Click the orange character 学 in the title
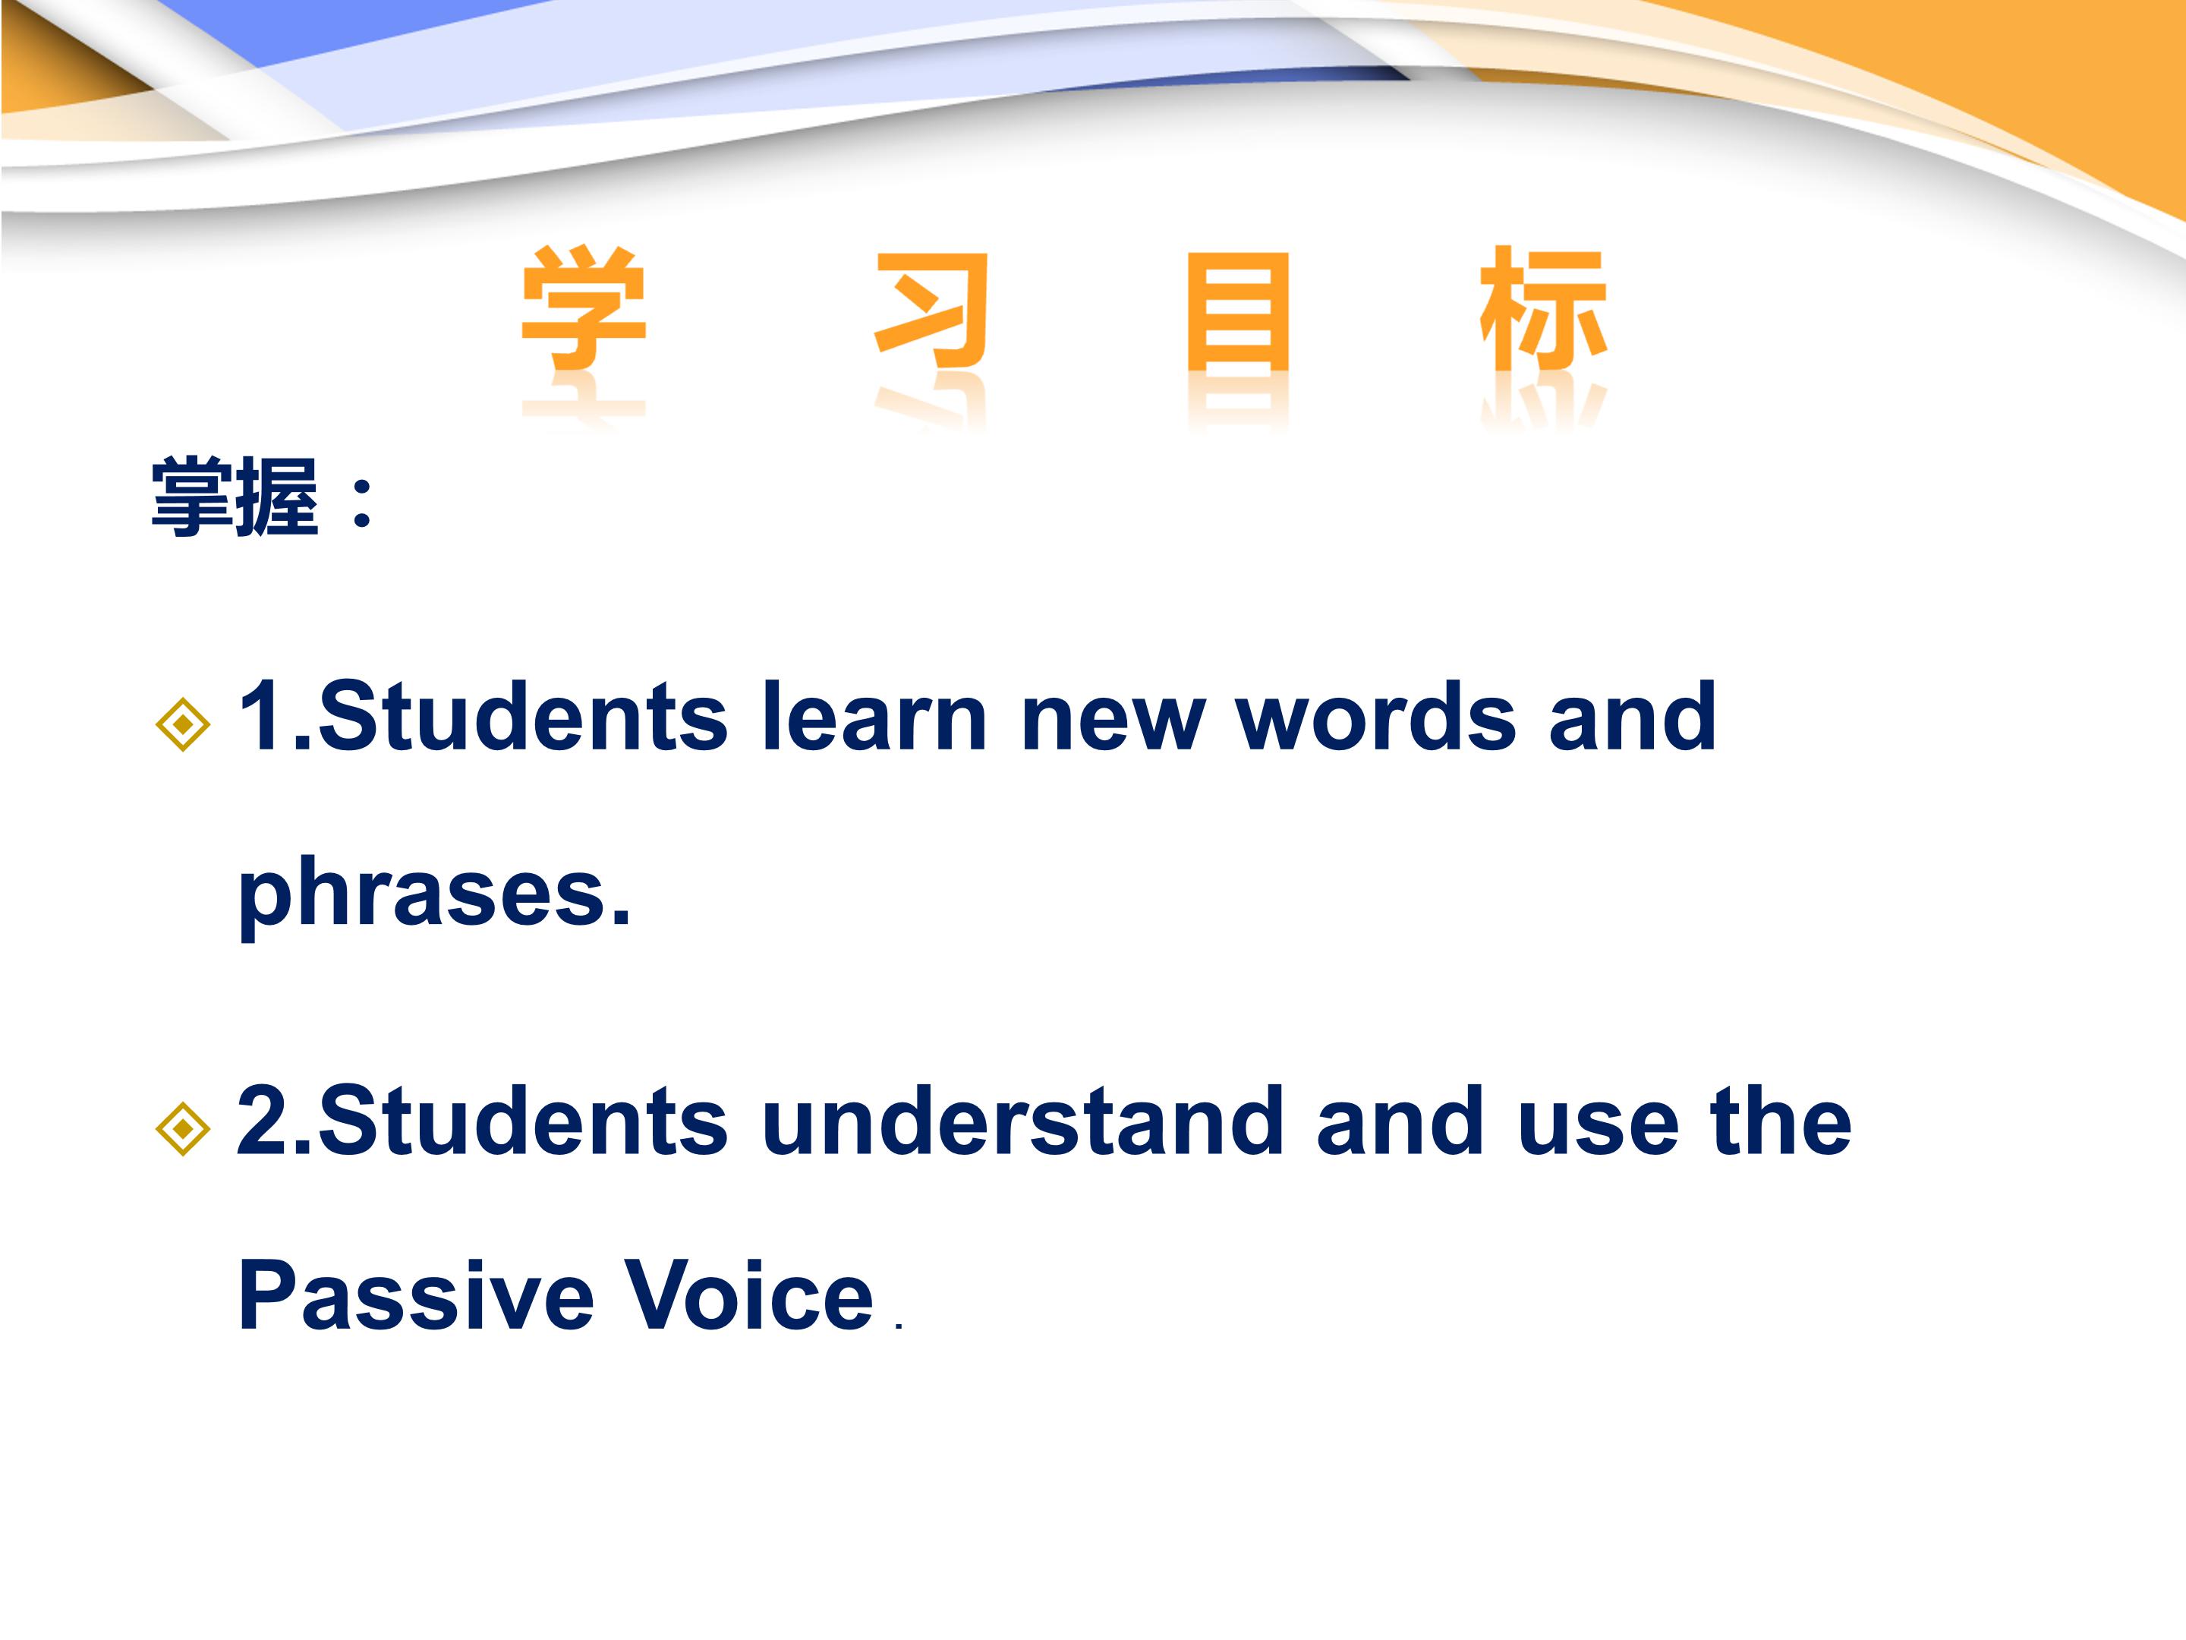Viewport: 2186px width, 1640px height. [x=584, y=307]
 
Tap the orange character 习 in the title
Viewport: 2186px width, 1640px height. [x=931, y=310]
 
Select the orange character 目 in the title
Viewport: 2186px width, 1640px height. [x=1238, y=310]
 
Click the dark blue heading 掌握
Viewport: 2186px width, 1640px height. [x=235, y=497]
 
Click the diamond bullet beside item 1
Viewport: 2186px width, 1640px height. [x=183, y=724]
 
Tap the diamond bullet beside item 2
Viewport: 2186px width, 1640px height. [x=183, y=1128]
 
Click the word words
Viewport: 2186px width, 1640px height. [x=1375, y=716]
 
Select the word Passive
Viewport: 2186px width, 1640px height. [x=416, y=1295]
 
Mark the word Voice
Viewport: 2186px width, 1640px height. [x=750, y=1295]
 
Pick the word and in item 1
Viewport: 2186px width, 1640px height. [x=1633, y=716]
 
